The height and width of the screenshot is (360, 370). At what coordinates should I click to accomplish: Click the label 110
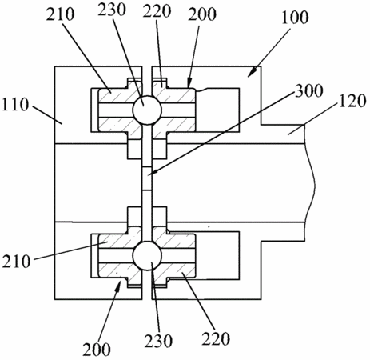[x=15, y=105]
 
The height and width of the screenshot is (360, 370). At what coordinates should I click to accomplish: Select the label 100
[x=295, y=18]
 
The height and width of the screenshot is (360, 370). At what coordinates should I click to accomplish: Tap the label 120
[x=352, y=101]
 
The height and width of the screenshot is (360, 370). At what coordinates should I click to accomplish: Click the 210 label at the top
[x=60, y=14]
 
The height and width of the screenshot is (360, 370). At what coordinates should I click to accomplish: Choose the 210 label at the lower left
[x=17, y=262]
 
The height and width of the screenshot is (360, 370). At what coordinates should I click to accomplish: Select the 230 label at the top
[x=112, y=10]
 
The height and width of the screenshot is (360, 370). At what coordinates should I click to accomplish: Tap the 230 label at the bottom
[x=158, y=341]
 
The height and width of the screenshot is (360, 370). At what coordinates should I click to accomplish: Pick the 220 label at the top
[x=157, y=12]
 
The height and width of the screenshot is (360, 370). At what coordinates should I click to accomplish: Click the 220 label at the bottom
[x=216, y=338]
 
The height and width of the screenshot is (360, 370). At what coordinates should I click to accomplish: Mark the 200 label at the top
[x=202, y=14]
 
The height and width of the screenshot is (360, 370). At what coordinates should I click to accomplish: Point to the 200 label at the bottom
[x=97, y=350]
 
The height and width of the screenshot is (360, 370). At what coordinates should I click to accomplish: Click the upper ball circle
[x=147, y=110]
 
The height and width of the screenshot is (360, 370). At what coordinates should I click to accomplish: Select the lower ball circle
[x=147, y=256]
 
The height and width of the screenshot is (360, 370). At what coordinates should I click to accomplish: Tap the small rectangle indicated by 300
[x=147, y=178]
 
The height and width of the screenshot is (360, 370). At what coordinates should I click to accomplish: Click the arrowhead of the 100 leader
[x=253, y=73]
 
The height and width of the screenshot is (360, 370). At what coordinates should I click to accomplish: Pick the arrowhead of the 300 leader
[x=151, y=174]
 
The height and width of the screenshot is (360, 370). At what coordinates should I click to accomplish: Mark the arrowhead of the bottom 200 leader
[x=117, y=286]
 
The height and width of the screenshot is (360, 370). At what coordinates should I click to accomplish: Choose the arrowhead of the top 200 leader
[x=189, y=82]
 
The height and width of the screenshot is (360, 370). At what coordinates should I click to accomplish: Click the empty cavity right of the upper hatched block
[x=217, y=110]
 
